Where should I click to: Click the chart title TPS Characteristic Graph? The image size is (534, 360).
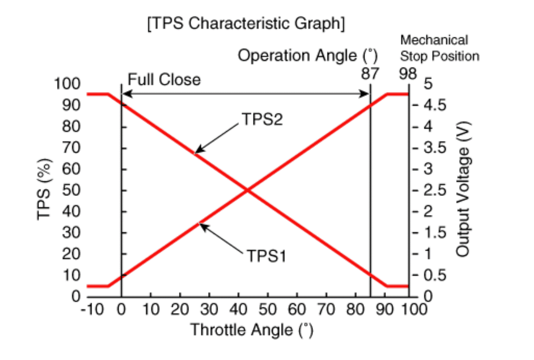246,24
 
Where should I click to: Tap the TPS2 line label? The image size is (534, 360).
262,119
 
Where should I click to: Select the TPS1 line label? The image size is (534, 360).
266,256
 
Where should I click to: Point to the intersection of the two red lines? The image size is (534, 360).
247,190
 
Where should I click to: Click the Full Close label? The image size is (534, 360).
164,80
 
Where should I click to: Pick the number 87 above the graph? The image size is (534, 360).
370,74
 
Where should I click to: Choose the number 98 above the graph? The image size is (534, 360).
408,74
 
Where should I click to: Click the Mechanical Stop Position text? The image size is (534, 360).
439,48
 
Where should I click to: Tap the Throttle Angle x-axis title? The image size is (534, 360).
252,330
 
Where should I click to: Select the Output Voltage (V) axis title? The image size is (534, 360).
462,189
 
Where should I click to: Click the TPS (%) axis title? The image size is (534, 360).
44,189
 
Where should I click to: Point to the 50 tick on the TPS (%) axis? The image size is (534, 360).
71,190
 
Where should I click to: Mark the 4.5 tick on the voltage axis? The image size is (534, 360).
435,105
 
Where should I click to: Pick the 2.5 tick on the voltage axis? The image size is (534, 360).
435,190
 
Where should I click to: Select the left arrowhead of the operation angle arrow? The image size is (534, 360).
125,94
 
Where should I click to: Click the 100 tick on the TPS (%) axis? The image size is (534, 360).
67,84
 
